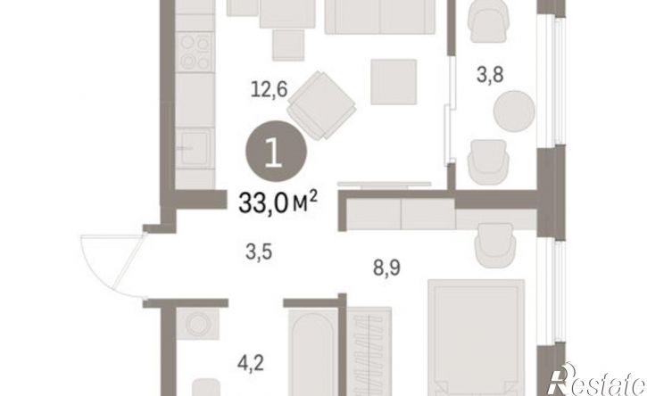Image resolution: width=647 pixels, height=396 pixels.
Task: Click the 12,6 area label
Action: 269,89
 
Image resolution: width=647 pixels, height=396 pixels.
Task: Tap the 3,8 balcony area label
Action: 490,76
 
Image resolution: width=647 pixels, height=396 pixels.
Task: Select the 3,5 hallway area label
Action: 259,252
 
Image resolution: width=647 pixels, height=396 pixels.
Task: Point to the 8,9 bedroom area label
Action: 386,268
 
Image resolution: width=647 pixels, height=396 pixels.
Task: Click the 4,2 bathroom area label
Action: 251,364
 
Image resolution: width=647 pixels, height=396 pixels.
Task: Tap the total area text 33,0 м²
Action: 278,203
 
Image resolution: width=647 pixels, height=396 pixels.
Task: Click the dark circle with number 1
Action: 276,151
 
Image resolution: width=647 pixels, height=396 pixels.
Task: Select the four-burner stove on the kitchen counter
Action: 195,52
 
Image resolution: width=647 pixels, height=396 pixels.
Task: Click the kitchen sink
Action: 195,148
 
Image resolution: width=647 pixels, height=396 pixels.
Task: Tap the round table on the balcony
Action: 514,111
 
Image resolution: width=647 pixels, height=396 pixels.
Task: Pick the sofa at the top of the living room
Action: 380,17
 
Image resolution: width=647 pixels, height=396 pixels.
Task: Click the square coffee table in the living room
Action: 394,82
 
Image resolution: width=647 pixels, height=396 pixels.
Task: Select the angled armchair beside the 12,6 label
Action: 321,105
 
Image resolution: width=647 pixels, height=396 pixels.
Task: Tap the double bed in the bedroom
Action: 477,337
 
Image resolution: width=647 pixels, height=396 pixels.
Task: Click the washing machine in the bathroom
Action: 198,324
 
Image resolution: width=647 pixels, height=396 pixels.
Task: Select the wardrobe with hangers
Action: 369,351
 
